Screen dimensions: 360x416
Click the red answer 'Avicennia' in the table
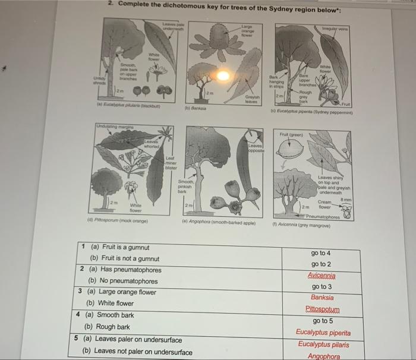click(x=322, y=276)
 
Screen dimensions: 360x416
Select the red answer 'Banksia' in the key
click(x=322, y=298)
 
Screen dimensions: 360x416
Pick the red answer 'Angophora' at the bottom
click(x=323, y=356)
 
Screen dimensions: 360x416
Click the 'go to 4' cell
click(x=321, y=253)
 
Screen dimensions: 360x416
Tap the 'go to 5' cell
click(x=322, y=321)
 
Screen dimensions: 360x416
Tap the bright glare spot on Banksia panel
click(x=223, y=76)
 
